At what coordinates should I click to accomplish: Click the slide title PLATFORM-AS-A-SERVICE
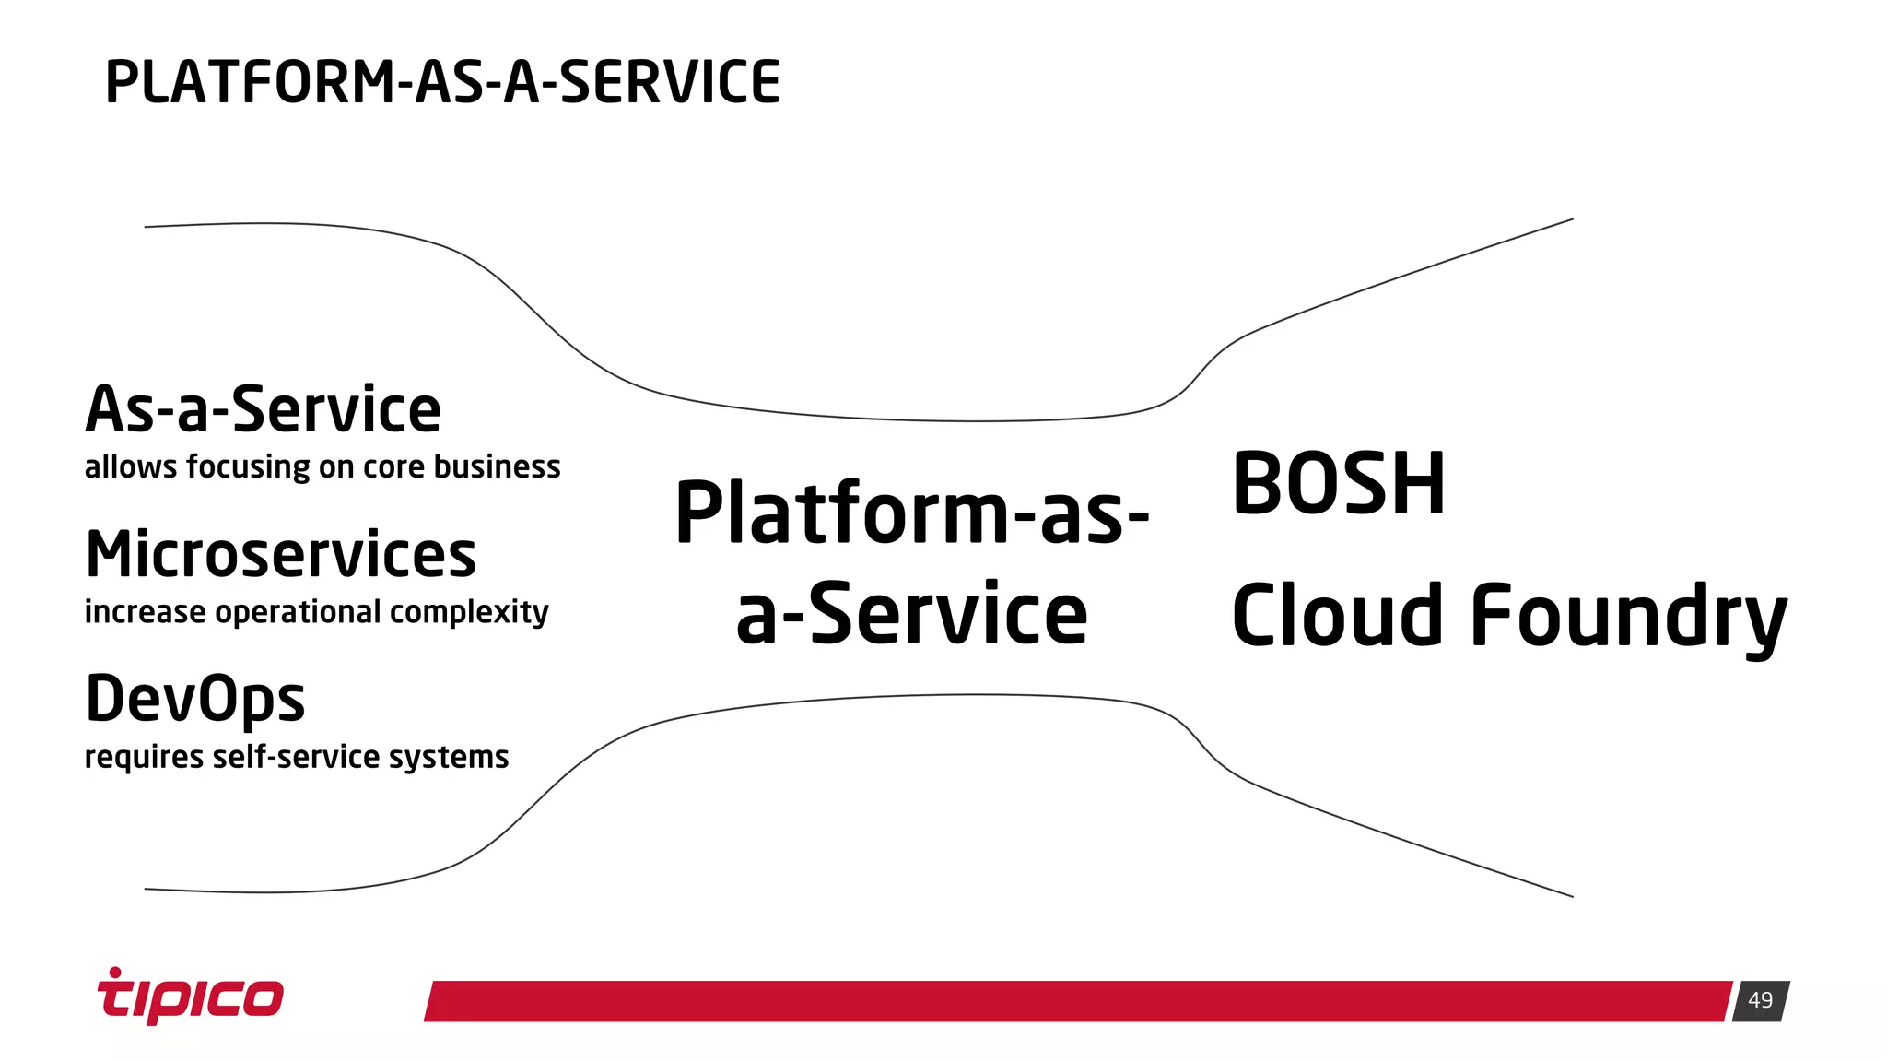[442, 82]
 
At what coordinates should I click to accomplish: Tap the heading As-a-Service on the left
[264, 409]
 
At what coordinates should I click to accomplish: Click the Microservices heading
[281, 555]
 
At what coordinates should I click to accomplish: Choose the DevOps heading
[195, 699]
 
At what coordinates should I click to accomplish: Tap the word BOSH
[1339, 485]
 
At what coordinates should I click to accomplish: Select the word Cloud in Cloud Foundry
[1337, 616]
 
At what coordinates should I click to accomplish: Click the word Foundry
[1628, 616]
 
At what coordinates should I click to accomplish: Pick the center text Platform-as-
[912, 513]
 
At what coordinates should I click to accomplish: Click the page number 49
[1760, 1000]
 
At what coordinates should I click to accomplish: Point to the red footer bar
[1078, 1001]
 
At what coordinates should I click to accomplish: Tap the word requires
[144, 758]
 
